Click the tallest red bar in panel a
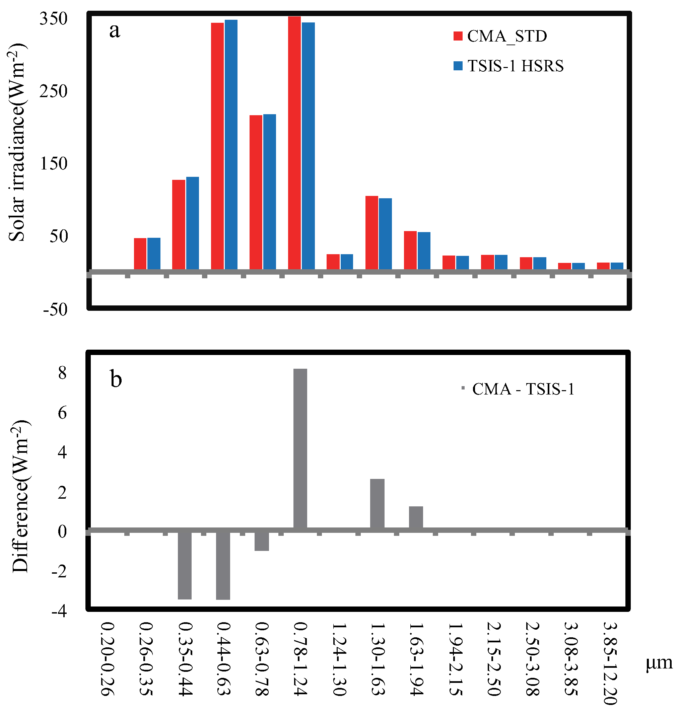coord(294,143)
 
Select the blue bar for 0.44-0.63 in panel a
coord(231,145)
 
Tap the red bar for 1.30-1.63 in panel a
coord(371,233)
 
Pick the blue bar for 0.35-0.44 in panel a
coord(193,223)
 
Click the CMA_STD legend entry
coord(500,36)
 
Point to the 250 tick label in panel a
coord(54,91)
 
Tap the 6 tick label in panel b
coord(62,413)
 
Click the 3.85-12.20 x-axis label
coord(610,663)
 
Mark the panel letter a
coord(115,30)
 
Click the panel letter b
coord(116,379)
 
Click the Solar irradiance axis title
coord(17,142)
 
